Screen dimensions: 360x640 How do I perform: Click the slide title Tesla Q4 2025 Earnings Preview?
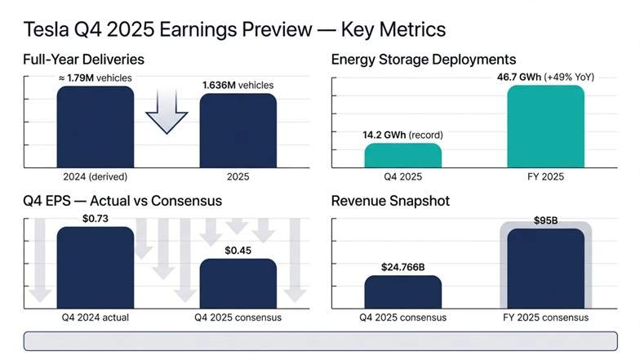pyautogui.click(x=235, y=29)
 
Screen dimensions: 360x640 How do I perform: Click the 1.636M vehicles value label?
pyautogui.click(x=238, y=85)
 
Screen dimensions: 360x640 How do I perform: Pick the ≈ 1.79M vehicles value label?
pyautogui.click(x=95, y=78)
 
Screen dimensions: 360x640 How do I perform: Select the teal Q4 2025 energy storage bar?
pyautogui.click(x=402, y=155)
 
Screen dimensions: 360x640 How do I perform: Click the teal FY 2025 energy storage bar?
pyautogui.click(x=545, y=127)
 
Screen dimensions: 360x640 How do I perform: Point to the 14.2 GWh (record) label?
pyautogui.click(x=402, y=135)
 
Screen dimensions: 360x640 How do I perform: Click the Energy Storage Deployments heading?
pyautogui.click(x=423, y=59)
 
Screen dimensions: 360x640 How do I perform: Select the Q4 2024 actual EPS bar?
pyautogui.click(x=95, y=268)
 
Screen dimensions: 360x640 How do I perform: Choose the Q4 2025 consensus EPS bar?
pyautogui.click(x=238, y=283)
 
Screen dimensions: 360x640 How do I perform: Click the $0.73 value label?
pyautogui.click(x=96, y=218)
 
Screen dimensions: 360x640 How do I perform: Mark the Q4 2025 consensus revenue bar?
pyautogui.click(x=402, y=291)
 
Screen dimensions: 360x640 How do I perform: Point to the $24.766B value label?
pyautogui.click(x=402, y=267)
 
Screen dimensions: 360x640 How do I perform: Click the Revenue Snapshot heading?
pyautogui.click(x=390, y=201)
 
